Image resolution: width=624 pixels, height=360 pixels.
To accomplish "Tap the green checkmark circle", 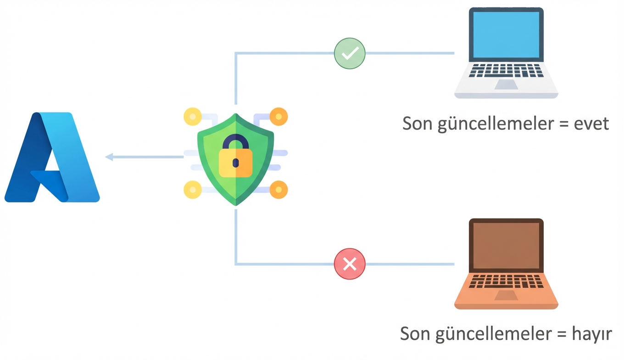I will pos(350,53).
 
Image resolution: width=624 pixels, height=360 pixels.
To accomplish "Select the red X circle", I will pos(350,264).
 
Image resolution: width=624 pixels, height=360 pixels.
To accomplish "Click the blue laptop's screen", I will pos(506,34).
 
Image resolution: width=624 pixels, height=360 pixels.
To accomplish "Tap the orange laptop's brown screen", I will pos(506,246).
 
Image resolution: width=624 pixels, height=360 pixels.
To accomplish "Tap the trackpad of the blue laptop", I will pos(506,84).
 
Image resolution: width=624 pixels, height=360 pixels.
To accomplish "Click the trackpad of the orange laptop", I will pos(506,295).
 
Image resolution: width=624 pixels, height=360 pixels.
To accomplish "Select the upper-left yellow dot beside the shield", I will pos(192,116).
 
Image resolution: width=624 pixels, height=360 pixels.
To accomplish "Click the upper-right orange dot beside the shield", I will pos(278,116).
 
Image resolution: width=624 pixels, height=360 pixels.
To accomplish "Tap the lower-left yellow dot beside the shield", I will pos(192,189).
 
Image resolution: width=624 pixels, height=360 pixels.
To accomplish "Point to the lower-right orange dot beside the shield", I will pos(278,189).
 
